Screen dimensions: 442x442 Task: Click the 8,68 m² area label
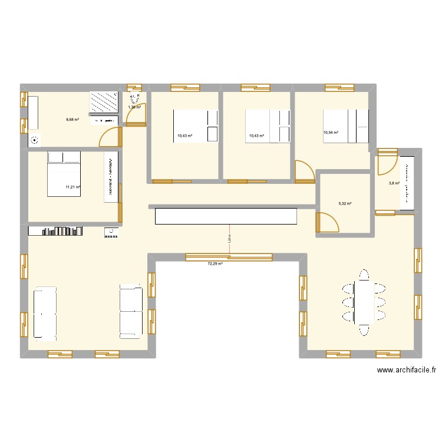click(x=72, y=118)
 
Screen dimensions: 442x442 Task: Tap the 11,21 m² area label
click(x=73, y=188)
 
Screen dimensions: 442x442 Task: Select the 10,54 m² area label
click(x=331, y=133)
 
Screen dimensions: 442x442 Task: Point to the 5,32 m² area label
click(x=345, y=204)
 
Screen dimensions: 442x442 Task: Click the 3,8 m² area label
click(x=394, y=183)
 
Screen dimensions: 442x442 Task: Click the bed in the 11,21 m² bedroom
click(x=64, y=174)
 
